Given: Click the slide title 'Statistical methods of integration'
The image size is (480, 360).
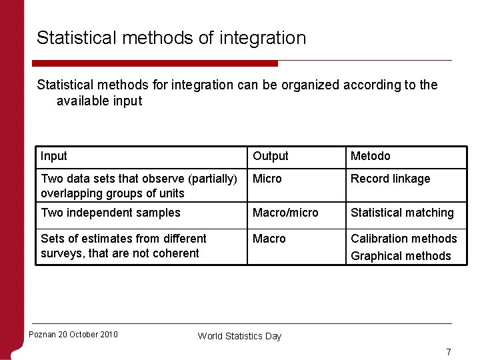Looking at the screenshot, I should [x=171, y=38].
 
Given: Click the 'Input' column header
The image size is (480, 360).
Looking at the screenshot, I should [x=54, y=156].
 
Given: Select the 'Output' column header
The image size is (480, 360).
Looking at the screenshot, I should [x=270, y=156].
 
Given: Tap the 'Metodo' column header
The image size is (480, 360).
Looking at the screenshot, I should [x=371, y=156].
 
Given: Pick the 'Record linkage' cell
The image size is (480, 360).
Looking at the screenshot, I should [x=391, y=179].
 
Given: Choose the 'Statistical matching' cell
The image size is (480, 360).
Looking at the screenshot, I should [x=402, y=213].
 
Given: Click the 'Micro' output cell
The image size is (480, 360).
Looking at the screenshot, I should [x=267, y=179].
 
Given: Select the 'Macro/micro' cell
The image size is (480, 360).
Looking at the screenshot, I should [x=285, y=213].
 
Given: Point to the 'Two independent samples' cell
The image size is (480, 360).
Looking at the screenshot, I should [x=111, y=213].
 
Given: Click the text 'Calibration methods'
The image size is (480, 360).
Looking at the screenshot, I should [x=404, y=239].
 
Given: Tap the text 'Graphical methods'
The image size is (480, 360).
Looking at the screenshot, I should [x=401, y=256].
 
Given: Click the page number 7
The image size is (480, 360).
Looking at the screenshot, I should [x=449, y=352].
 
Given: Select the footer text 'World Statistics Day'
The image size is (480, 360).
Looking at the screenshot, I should [x=239, y=336].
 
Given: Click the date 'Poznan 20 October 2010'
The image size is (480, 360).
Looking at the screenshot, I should [x=73, y=334].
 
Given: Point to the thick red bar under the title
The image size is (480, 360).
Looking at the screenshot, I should [x=157, y=63].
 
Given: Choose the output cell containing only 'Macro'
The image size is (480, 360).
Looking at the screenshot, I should [x=269, y=239].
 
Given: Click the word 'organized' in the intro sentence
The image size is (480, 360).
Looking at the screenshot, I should [x=303, y=85].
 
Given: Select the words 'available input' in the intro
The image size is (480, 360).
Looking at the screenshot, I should [x=99, y=101].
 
